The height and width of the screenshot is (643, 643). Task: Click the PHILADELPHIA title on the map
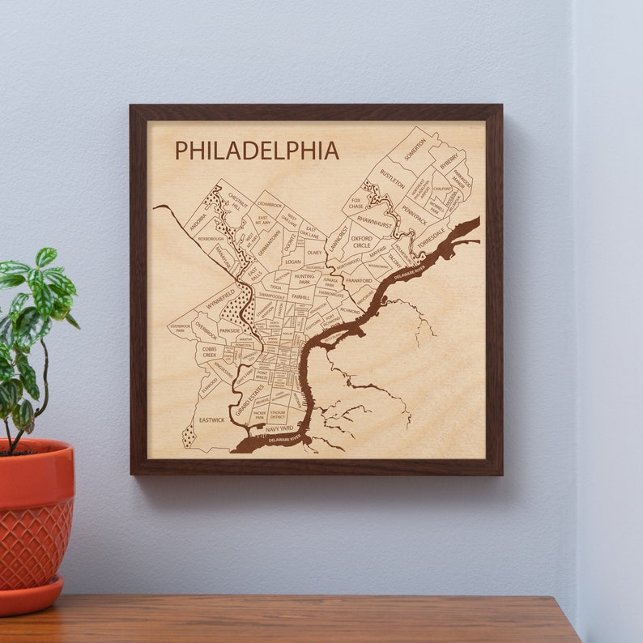click(x=257, y=151)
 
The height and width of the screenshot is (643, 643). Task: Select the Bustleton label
click(x=393, y=178)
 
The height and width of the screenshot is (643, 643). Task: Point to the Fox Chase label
click(x=356, y=203)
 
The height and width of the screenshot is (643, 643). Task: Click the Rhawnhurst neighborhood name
click(x=374, y=219)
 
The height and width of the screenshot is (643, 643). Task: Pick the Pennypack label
click(x=413, y=214)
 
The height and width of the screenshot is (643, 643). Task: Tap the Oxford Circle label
click(x=361, y=241)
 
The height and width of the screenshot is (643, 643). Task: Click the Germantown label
click(x=270, y=241)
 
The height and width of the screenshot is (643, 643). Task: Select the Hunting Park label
click(x=304, y=279)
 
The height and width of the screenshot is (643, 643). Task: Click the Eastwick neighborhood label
click(x=211, y=419)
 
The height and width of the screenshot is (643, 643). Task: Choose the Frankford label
click(x=358, y=281)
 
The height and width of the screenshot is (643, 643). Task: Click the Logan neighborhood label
click(x=292, y=262)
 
